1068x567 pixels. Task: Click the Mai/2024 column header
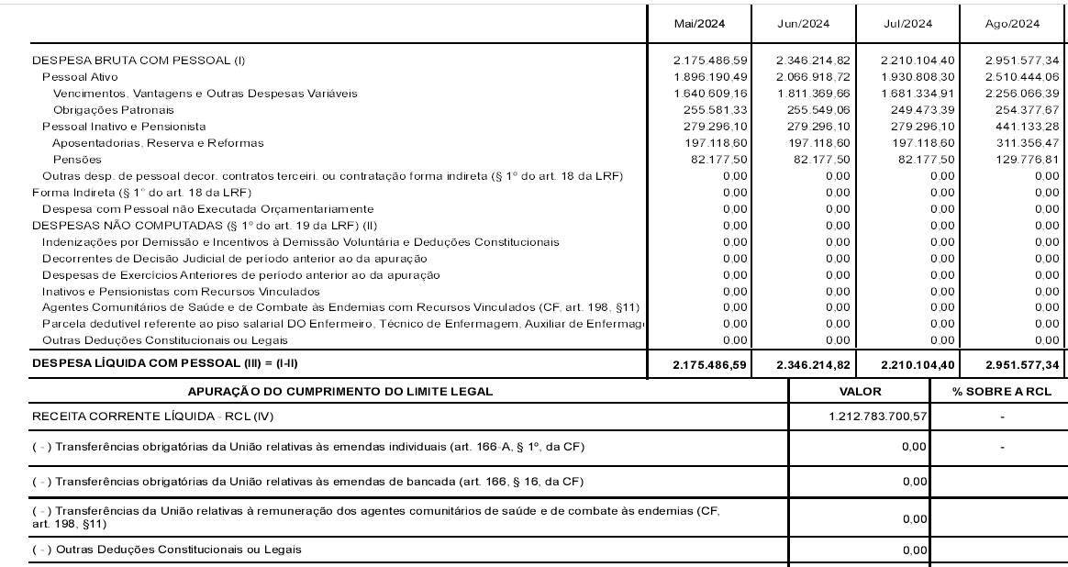click(x=698, y=24)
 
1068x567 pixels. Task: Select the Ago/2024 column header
click(x=1012, y=24)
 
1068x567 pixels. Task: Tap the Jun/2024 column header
click(x=803, y=24)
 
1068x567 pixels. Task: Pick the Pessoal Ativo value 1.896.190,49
click(x=710, y=77)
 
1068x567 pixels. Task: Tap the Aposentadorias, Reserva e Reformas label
click(x=158, y=143)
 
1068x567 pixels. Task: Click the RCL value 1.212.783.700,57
click(x=877, y=417)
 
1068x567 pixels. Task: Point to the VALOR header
click(x=860, y=392)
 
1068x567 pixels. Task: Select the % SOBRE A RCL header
click(x=1002, y=392)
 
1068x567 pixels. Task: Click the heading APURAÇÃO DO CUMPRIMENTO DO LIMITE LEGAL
click(x=340, y=392)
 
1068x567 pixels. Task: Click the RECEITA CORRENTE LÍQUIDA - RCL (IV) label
click(x=153, y=417)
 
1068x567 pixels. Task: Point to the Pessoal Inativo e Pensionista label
click(x=124, y=127)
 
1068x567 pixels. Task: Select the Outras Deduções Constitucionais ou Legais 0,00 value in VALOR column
click(x=914, y=550)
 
